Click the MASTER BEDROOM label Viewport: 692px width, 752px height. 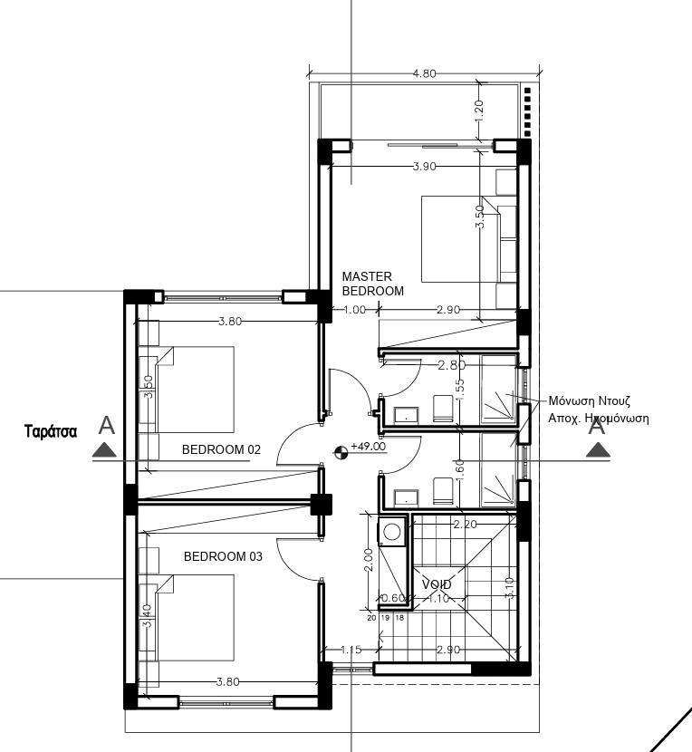point(372,284)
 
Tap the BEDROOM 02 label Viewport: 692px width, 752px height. point(221,449)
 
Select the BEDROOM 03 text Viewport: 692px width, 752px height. point(223,556)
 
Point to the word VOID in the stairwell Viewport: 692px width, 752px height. point(437,585)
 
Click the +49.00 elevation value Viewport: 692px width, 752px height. point(368,447)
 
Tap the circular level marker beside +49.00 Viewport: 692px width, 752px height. point(341,451)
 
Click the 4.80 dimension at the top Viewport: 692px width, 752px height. point(425,73)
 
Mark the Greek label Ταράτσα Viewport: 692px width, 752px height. point(51,431)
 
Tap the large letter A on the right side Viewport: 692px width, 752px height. point(596,425)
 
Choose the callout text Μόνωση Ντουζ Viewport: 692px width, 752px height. point(589,400)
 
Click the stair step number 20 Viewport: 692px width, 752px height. point(371,618)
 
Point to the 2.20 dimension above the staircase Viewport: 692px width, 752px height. point(465,524)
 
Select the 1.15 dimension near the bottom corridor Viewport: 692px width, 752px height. point(351,650)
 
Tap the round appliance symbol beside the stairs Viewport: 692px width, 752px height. point(391,531)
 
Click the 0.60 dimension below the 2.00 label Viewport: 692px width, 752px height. point(392,598)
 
